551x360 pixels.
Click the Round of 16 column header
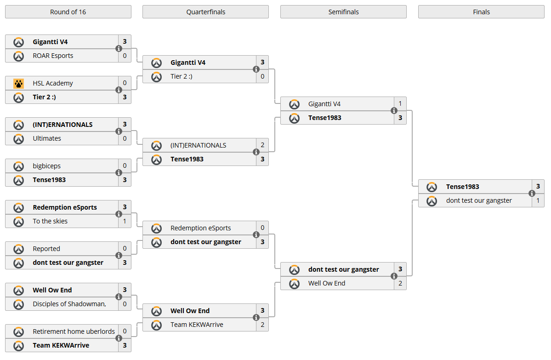[68, 12]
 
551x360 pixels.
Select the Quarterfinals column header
[205, 12]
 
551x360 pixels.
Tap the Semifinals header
[343, 12]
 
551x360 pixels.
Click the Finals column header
[481, 12]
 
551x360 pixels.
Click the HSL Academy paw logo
[18, 83]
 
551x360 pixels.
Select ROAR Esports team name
[53, 56]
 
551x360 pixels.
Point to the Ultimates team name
[47, 138]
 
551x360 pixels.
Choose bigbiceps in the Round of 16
[46, 166]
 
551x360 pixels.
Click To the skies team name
[50, 221]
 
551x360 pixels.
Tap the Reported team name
[46, 249]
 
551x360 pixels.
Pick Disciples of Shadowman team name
[69, 304]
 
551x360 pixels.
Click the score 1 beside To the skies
[125, 221]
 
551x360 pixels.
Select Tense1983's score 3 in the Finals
[538, 187]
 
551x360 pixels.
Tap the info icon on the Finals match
[532, 194]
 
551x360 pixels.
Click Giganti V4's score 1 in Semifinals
[400, 104]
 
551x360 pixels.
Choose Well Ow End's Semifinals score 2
[400, 283]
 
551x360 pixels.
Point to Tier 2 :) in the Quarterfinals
[181, 76]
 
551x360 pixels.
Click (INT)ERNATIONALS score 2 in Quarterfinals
[262, 145]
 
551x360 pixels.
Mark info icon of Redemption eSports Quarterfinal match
[256, 235]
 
